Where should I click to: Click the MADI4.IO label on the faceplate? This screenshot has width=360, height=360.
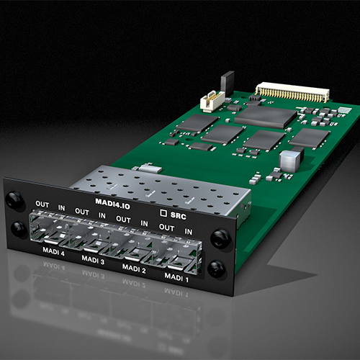pos(112,204)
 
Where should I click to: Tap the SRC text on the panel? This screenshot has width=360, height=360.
pos(179,215)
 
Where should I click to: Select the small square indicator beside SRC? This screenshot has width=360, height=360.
pos(163,213)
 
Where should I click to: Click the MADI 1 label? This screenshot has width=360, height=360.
pos(176,278)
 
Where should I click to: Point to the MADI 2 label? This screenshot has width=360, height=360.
pos(134,269)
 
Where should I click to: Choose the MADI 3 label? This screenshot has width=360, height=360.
pos(93,260)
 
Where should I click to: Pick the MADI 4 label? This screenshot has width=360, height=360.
pos(53,251)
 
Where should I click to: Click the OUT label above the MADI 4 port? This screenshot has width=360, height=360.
pos(42,204)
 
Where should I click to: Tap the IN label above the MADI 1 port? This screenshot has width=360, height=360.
pos(189,232)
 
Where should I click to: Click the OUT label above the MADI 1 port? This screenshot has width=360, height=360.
pos(166,228)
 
